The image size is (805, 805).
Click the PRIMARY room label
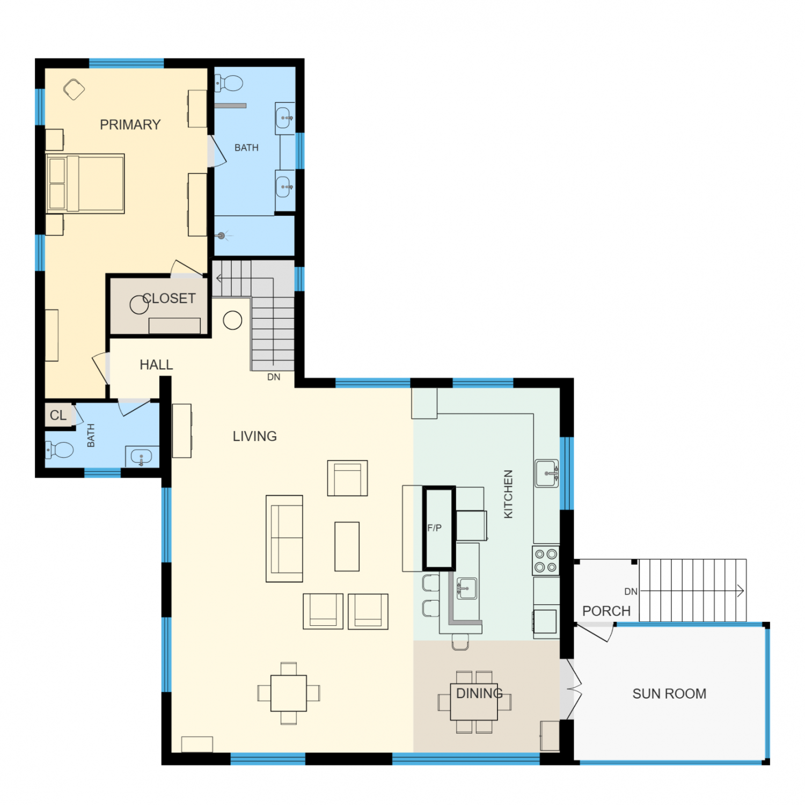(130, 125)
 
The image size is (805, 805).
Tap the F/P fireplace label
(435, 528)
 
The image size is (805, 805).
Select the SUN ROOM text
(669, 694)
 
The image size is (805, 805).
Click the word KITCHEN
(508, 494)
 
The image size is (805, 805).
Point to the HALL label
(156, 365)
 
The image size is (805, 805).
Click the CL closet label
(58, 415)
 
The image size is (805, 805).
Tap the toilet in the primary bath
(229, 83)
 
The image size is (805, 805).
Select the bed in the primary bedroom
(85, 184)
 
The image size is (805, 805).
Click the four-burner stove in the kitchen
(546, 561)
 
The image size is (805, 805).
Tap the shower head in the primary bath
(222, 236)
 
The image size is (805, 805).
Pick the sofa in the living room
(284, 539)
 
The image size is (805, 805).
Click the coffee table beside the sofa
(347, 546)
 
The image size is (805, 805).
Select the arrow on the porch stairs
(692, 591)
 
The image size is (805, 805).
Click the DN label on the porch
(631, 591)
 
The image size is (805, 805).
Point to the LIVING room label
(255, 436)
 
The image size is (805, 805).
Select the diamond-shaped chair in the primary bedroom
(74, 90)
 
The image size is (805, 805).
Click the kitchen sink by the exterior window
(547, 473)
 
